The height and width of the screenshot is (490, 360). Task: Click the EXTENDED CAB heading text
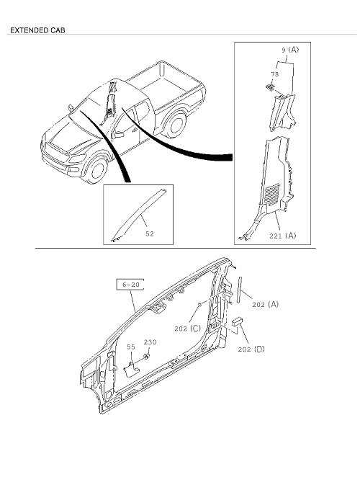pyautogui.click(x=37, y=30)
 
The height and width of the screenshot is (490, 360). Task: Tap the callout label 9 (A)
pyautogui.click(x=290, y=50)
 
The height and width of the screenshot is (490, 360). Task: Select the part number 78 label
pyautogui.click(x=275, y=74)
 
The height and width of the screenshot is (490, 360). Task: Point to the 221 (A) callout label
pyautogui.click(x=282, y=236)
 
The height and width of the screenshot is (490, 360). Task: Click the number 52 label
pyautogui.click(x=150, y=233)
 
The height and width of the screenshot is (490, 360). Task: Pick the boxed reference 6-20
pyautogui.click(x=130, y=285)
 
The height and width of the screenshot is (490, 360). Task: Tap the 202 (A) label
pyautogui.click(x=266, y=304)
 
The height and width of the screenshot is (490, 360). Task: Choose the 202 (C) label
pyautogui.click(x=188, y=329)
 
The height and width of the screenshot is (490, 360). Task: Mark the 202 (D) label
pyautogui.click(x=251, y=349)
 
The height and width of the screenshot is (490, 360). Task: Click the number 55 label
pyautogui.click(x=131, y=347)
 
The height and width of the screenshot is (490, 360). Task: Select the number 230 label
pyautogui.click(x=150, y=342)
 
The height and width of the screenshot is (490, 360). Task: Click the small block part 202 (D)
pyautogui.click(x=237, y=321)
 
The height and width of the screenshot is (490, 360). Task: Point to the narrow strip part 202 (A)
pyautogui.click(x=240, y=289)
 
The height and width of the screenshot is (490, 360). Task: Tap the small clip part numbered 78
pyautogui.click(x=270, y=87)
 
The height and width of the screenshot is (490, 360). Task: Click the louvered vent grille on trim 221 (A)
pyautogui.click(x=271, y=194)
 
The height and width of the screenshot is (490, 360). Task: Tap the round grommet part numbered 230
pyautogui.click(x=146, y=357)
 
